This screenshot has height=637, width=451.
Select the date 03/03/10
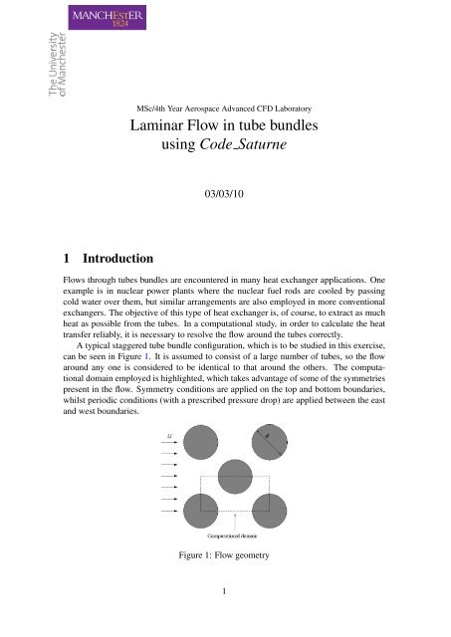pyautogui.click(x=226, y=198)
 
